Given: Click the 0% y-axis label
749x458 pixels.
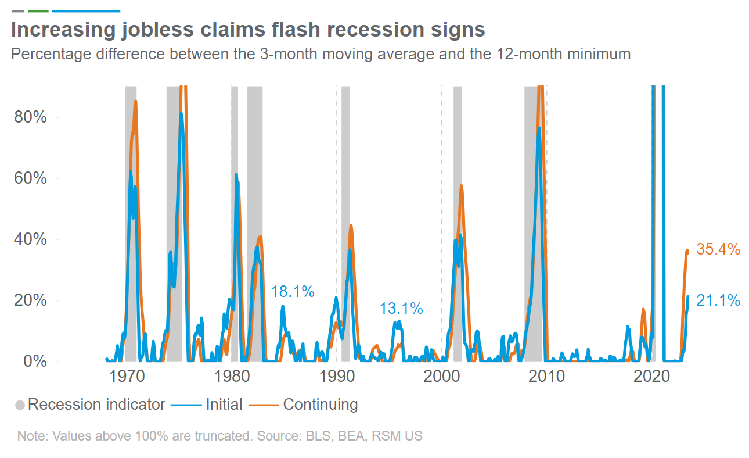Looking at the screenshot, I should coord(33,361).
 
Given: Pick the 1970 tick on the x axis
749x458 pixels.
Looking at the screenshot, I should coord(126,376).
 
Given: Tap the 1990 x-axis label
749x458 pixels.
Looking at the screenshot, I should coord(336,376).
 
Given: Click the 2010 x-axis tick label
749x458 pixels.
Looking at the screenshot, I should coord(546,376).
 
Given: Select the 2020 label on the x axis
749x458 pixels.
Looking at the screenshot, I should coord(651,376).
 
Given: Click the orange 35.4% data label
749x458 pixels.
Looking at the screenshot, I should coord(718,249).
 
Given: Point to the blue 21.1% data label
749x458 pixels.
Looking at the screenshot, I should coord(718,300).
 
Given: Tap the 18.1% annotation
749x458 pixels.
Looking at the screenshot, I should coord(293,292).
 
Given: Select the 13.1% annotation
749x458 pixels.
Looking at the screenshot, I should coord(401,309).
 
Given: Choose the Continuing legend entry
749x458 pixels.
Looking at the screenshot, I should coord(320,405).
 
